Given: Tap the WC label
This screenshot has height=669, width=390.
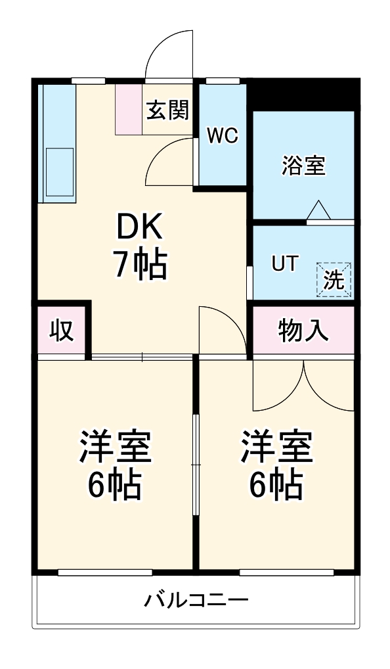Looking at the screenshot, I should click(x=222, y=136).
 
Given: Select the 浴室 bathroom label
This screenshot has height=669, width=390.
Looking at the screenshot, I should click(x=303, y=166).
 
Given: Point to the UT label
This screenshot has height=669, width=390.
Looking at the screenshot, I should click(x=284, y=264).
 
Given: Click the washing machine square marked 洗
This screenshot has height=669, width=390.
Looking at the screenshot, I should click(x=334, y=279).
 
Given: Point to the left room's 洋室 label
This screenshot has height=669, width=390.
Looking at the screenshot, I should click(x=116, y=447).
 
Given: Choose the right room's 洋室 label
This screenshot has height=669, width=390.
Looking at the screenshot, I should click(x=276, y=447).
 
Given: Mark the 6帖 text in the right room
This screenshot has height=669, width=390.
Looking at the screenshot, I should click(x=276, y=485).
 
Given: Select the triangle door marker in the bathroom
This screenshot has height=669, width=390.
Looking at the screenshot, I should click(x=319, y=210).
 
